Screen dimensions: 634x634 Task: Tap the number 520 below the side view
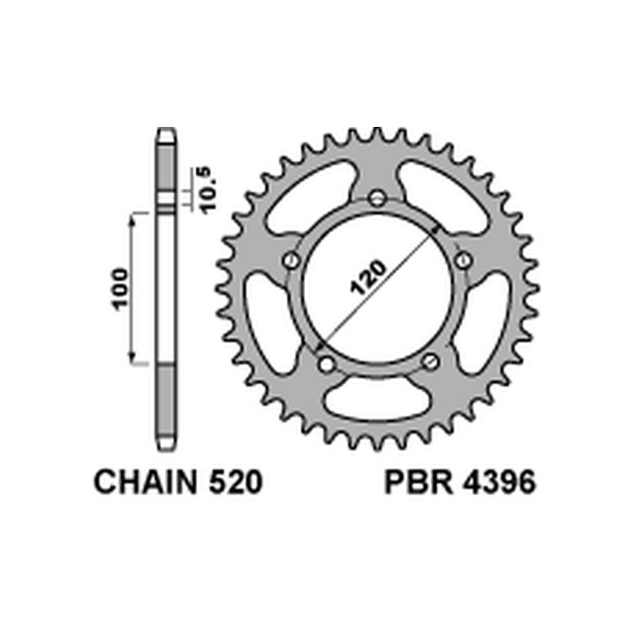point(231,483)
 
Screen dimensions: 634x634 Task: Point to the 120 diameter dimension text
point(368,278)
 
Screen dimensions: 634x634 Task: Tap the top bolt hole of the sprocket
point(377,198)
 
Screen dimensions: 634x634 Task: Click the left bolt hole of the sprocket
point(290,260)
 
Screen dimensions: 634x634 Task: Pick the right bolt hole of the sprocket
point(464,260)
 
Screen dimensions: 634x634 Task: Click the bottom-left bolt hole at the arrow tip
point(324,363)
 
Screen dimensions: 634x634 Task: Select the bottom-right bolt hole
point(430,362)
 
